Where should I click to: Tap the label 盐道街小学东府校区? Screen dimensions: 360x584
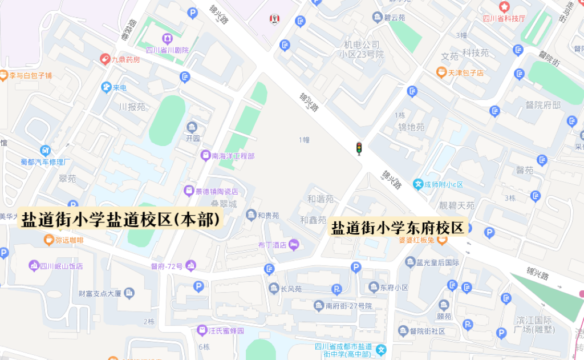click(x=399, y=228)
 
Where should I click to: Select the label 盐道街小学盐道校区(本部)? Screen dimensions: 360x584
click(x=121, y=220)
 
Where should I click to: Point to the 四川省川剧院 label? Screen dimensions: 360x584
click(x=167, y=50)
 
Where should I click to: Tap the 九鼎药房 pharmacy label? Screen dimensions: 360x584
click(x=125, y=59)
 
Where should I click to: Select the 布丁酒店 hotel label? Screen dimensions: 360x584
click(x=272, y=245)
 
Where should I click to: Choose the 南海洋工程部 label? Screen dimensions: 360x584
click(x=233, y=155)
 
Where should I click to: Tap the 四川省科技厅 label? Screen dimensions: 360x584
click(x=504, y=18)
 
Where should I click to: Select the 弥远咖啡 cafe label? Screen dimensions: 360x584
click(x=70, y=240)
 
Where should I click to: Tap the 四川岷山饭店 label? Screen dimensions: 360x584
click(x=62, y=266)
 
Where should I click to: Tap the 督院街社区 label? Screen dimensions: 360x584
click(x=428, y=331)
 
